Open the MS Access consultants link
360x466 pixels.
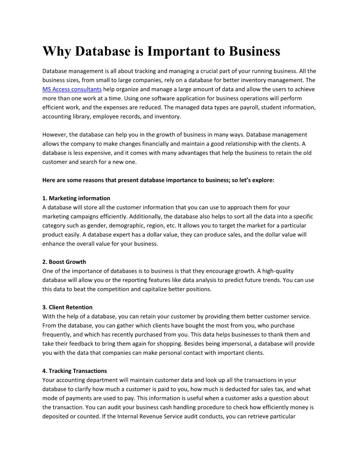click(72, 89)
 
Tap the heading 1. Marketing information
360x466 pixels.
click(76, 198)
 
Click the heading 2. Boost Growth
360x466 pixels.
click(64, 262)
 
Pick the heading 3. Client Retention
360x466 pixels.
click(67, 307)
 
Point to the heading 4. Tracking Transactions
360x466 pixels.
click(75, 371)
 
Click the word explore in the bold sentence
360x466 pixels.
click(263, 180)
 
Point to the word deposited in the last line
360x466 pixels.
click(56, 416)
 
